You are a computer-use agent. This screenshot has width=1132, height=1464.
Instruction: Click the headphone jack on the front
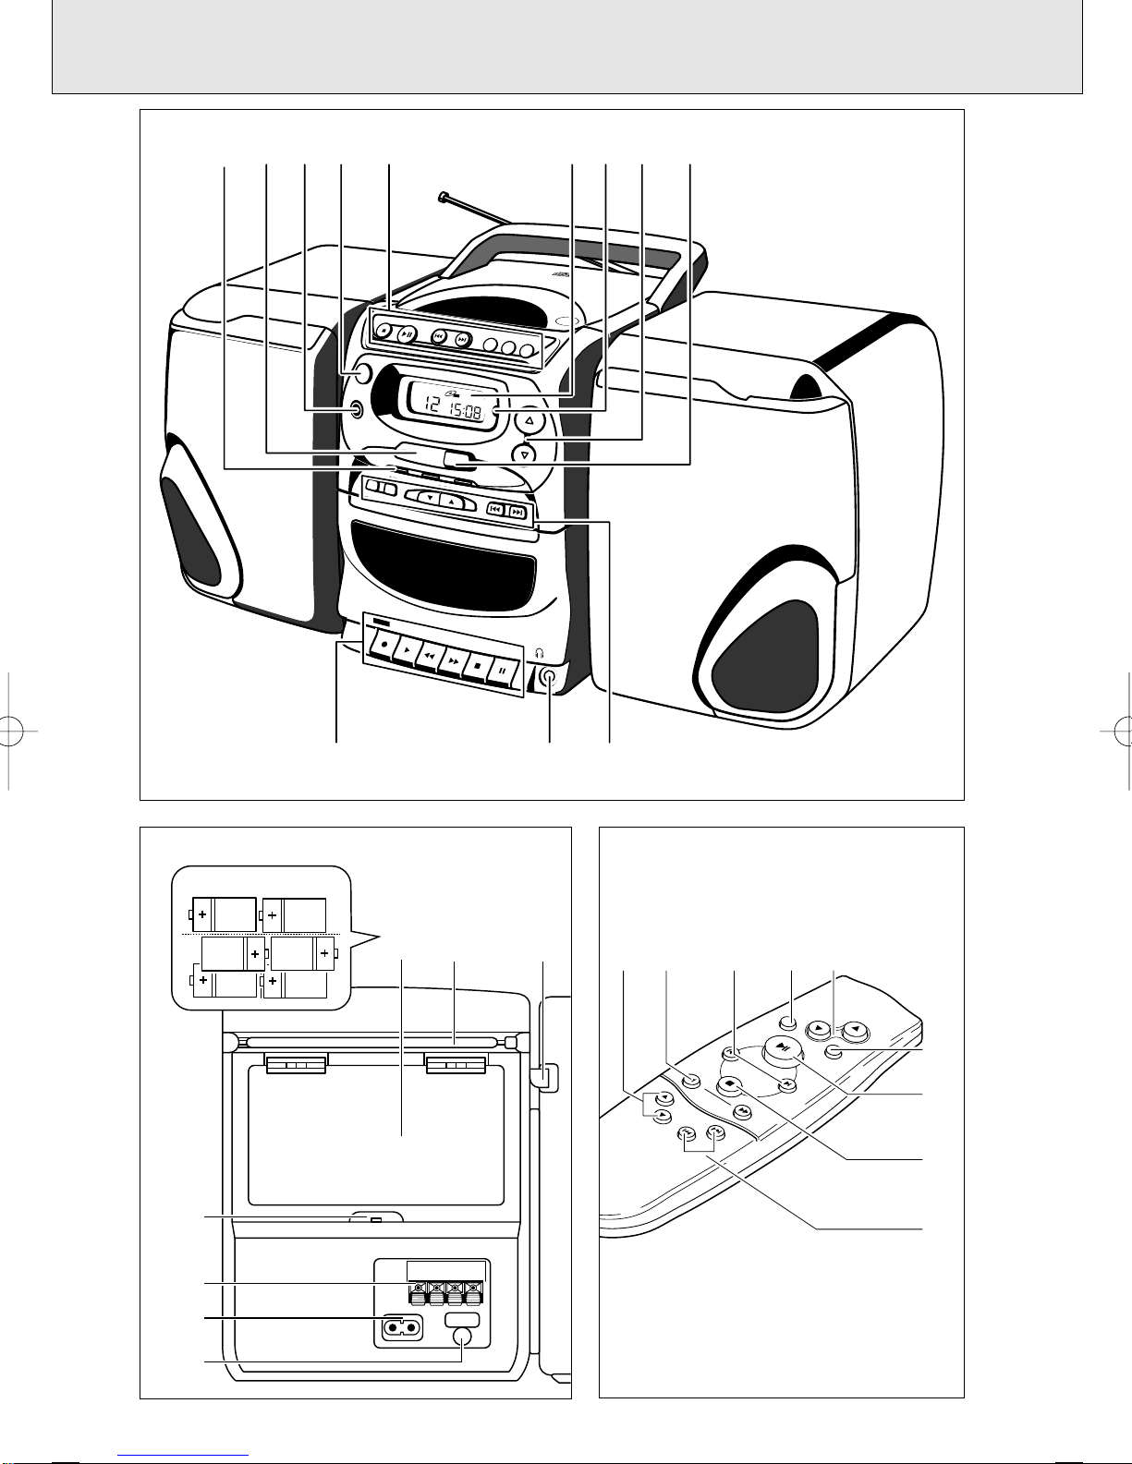pyautogui.click(x=550, y=676)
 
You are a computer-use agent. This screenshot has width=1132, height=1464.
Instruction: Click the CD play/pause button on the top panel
pyautogui.click(x=407, y=333)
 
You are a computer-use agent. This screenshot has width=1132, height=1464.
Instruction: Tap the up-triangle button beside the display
pyautogui.click(x=529, y=422)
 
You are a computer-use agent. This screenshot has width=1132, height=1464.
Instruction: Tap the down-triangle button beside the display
pyautogui.click(x=525, y=454)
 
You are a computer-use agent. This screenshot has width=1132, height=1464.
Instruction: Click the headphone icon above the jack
pyautogui.click(x=541, y=652)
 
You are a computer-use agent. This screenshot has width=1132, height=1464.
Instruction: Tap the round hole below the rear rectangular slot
pyautogui.click(x=464, y=1337)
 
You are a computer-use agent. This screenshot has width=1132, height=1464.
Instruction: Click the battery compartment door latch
pyautogui.click(x=374, y=1220)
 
